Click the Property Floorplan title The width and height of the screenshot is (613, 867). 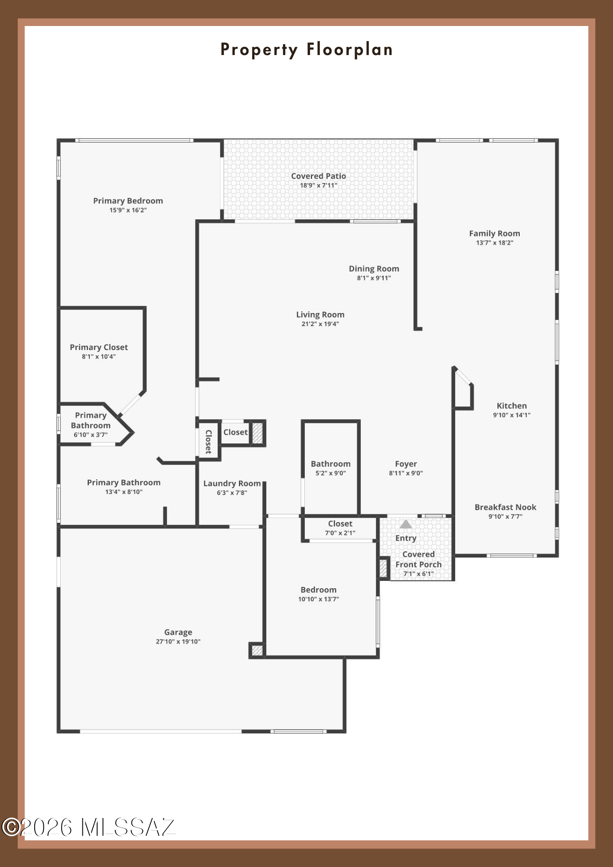306,50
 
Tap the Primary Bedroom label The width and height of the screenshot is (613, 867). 128,201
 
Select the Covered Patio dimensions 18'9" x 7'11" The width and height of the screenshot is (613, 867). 319,186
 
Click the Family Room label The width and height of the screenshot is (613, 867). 495,233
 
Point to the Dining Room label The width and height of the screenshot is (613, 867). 374,269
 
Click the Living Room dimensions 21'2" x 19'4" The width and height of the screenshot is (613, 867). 320,324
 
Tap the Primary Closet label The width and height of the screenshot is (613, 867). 99,347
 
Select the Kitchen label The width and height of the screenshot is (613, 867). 512,406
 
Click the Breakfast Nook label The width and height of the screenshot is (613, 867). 505,507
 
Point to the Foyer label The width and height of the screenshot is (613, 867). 406,464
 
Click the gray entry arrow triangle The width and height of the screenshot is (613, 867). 406,524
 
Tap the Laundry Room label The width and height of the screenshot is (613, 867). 232,483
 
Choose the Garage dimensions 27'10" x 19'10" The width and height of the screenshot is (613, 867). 178,642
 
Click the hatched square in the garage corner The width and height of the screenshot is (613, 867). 257,650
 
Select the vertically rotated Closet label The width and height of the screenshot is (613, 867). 209,442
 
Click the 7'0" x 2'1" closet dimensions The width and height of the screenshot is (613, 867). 340,533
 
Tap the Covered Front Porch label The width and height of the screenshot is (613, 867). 418,559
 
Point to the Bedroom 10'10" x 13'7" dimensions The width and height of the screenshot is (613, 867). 319,599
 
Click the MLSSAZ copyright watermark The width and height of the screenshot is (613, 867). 88,828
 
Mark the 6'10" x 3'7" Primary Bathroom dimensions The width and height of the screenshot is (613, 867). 91,435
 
